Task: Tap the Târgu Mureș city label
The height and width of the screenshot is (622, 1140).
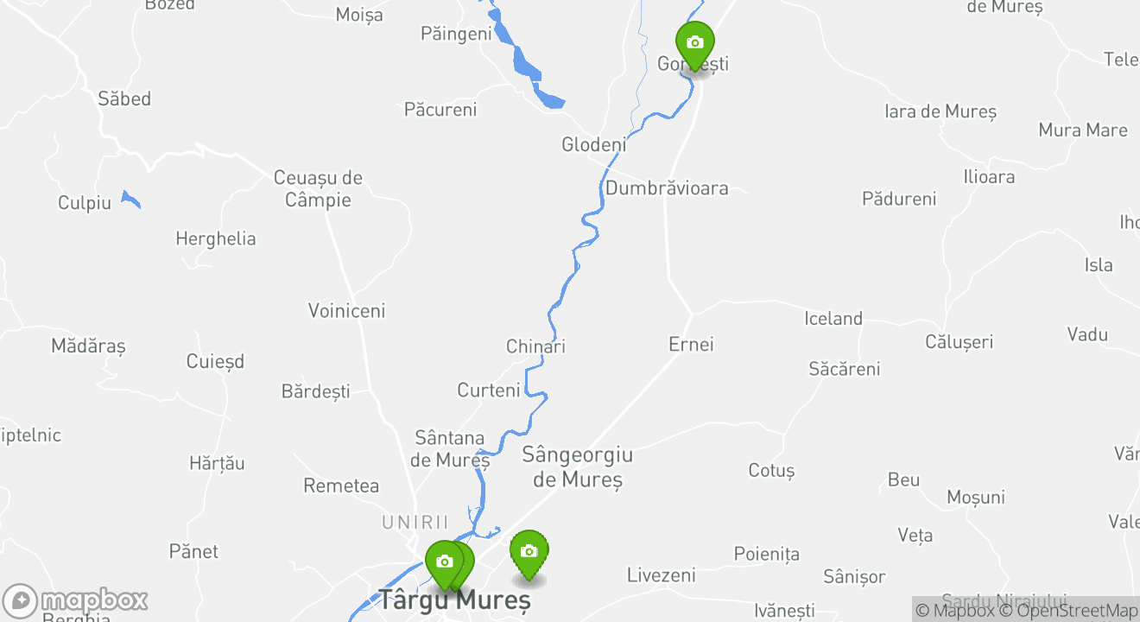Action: click(453, 600)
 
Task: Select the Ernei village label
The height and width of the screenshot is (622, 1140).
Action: click(691, 345)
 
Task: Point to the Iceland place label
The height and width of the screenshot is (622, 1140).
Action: click(833, 319)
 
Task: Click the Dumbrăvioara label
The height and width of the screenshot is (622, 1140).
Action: click(667, 188)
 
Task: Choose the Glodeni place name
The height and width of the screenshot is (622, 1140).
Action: click(594, 145)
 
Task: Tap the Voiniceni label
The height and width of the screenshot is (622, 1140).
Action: click(346, 311)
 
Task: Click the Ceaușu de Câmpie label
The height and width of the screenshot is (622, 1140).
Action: click(318, 188)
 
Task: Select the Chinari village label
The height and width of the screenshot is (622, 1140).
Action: click(535, 346)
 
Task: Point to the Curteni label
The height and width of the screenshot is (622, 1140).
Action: click(489, 390)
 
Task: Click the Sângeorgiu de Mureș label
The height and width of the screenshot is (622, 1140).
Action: click(577, 466)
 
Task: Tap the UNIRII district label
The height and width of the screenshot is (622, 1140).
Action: click(415, 523)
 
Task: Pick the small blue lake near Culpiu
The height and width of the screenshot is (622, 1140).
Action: click(130, 200)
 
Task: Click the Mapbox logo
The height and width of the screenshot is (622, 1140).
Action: click(76, 600)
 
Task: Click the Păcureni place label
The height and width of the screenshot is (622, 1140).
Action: click(440, 110)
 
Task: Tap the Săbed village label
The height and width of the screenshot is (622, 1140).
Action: click(124, 99)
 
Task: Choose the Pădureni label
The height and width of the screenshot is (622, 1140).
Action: click(899, 200)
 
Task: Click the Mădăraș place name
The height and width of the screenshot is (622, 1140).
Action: click(88, 346)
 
